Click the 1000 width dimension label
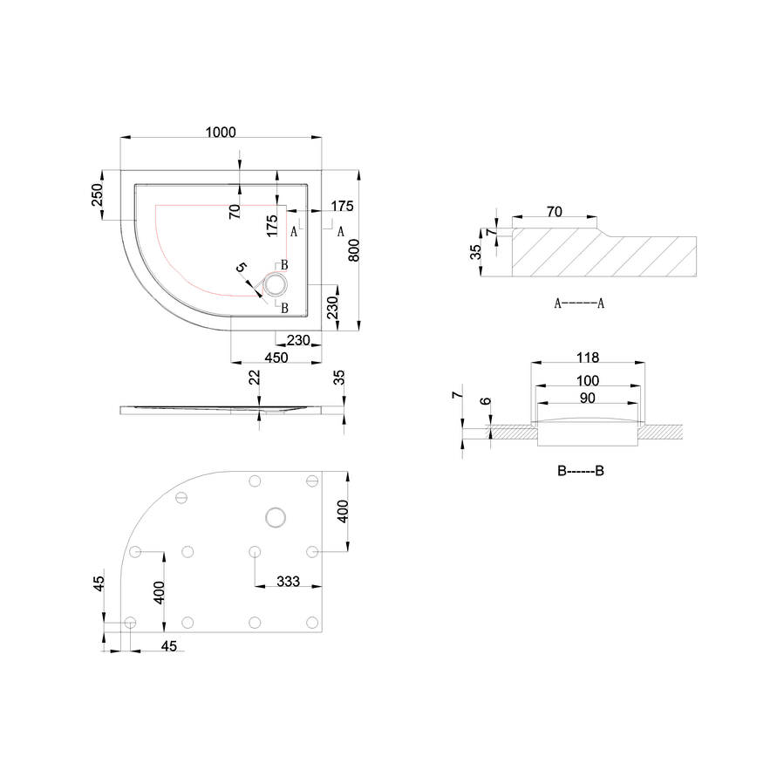pos(221,133)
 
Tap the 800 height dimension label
pos(354,251)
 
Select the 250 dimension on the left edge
pos(97,194)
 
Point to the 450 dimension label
pos(276,358)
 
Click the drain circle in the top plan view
pos(275,285)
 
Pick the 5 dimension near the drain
pos(242,268)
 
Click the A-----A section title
pos(579,303)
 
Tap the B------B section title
pos(580,471)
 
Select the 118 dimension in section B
pos(588,358)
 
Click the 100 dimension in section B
pos(588,380)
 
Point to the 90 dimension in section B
pos(587,398)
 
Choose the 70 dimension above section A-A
pos(555,212)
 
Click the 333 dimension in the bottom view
pos(288,581)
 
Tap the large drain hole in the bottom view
pos(276,518)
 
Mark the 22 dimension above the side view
pos(255,378)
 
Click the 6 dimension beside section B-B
pos(486,401)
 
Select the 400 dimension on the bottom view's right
pos(343,511)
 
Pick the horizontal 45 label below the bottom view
pos(169,646)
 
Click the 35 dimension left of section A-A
pos(475,252)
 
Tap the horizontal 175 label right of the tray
pos(343,206)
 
